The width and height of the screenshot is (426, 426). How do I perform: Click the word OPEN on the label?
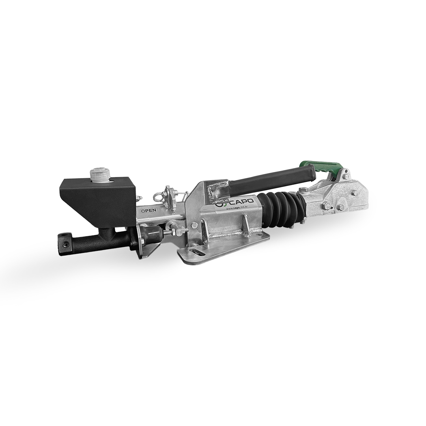point(148,210)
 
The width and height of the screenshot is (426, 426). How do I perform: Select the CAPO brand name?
point(241,202)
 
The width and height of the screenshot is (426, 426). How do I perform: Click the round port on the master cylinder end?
point(65,245)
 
